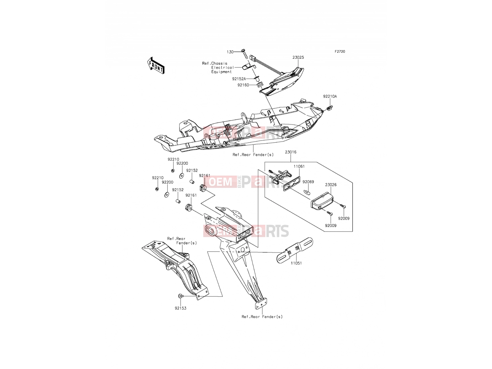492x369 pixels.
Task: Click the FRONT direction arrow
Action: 156,65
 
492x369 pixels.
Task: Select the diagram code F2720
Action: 340,52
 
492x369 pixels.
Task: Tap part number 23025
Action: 298,58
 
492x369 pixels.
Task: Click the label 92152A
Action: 239,79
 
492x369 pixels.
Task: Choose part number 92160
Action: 243,85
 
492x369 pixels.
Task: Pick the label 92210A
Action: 330,96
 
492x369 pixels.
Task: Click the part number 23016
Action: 291,152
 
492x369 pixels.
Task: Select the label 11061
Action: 299,166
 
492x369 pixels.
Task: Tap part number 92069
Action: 308,182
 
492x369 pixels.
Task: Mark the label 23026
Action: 331,185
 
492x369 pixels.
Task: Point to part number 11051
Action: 296,263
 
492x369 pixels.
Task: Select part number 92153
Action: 181,308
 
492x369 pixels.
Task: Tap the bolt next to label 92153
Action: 181,296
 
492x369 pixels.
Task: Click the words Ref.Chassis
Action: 215,63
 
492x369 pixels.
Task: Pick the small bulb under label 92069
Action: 307,192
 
